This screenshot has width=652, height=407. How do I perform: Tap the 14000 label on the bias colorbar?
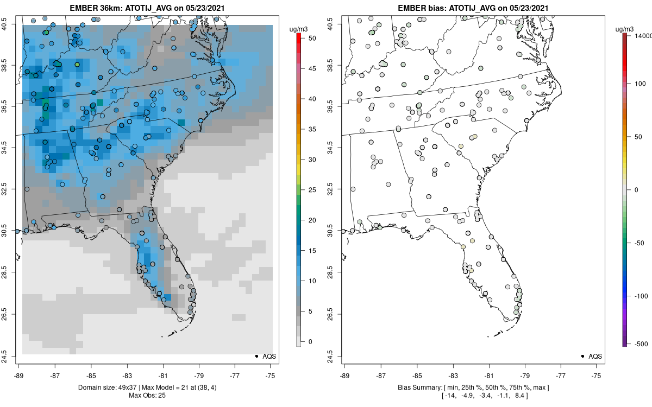point(643,35)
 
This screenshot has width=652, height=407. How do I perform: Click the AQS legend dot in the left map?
point(256,356)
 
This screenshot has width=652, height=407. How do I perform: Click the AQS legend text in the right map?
point(595,356)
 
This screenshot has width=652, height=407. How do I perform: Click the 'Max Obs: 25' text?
point(147,395)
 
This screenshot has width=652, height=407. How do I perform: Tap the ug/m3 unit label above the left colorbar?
point(302,28)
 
